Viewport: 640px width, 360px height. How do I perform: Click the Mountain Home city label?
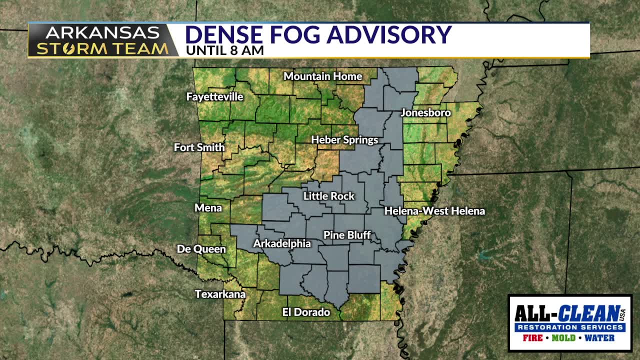pos(322,76)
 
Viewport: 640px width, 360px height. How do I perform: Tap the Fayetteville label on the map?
pos(214,97)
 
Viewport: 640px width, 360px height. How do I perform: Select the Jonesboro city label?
pos(425,113)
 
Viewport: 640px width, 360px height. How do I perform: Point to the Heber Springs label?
pos(344,140)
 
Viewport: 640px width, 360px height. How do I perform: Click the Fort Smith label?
pos(199,147)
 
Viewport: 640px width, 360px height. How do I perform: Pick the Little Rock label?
pos(328,196)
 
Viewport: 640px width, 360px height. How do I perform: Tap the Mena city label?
pos(208,208)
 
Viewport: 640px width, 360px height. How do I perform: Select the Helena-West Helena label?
pos(434,211)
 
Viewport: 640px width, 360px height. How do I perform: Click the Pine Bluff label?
pos(347,235)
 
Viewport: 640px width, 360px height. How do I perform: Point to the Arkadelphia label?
pos(282,244)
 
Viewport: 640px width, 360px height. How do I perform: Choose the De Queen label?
pos(201,249)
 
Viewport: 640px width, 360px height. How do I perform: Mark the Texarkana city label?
pos(220,294)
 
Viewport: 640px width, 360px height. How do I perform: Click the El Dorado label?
pos(306,312)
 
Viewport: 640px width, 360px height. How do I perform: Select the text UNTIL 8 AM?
pos(224,50)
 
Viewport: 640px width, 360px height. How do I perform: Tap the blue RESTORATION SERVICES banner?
pos(570,327)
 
